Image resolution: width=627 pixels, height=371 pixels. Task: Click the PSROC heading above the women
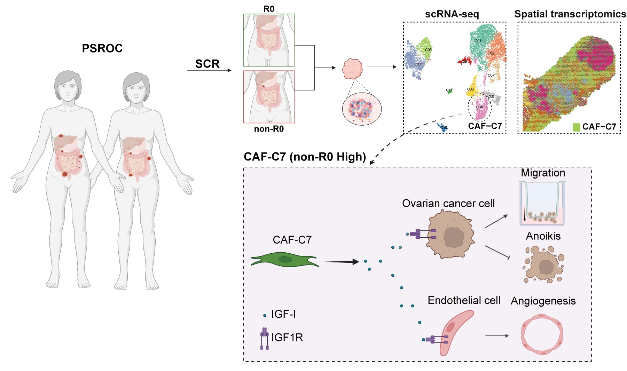point(102,48)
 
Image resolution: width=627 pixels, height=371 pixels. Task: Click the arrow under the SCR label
point(209,71)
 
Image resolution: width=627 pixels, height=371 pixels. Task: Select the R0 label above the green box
point(269,9)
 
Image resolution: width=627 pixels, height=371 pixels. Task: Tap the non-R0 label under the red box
point(269,129)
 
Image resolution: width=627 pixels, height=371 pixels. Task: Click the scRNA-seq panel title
point(452,14)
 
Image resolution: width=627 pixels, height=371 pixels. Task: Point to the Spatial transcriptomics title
point(570,14)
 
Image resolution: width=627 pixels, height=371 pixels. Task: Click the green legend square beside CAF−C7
point(576,127)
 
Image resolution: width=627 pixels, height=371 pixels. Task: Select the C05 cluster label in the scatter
point(428,50)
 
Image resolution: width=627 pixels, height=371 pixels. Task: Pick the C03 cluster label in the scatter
point(418,64)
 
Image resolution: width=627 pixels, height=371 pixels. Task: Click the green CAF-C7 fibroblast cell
point(285,260)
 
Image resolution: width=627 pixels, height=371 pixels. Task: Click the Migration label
point(543,173)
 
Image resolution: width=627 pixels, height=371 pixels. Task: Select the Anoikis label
point(543,236)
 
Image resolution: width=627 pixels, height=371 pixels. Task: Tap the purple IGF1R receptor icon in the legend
point(265,338)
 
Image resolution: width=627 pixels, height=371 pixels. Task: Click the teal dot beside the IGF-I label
point(265,315)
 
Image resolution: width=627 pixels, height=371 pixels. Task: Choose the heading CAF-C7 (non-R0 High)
point(305,157)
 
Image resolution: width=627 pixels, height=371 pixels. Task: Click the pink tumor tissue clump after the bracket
point(352,69)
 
